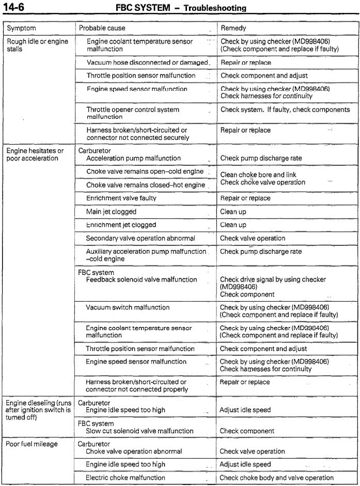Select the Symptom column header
tap(22, 27)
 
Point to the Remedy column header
tap(233, 27)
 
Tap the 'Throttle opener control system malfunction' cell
tap(133, 113)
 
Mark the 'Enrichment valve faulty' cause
tap(121, 198)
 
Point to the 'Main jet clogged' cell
tap(112, 212)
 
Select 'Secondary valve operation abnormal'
tap(140, 239)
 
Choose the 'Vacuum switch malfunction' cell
tap(128, 307)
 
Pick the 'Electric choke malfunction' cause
tap(126, 478)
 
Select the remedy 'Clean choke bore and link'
tap(258, 175)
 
